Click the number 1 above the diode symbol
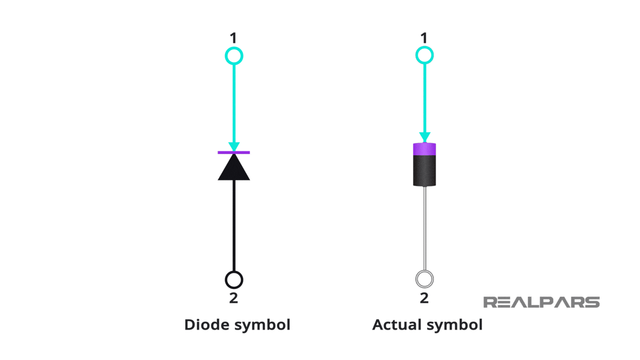click(x=233, y=38)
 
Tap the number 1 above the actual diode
click(x=424, y=38)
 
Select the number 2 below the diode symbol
click(x=233, y=298)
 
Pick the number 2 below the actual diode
click(x=424, y=298)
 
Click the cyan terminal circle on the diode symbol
click(x=234, y=56)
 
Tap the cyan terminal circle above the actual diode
click(x=424, y=55)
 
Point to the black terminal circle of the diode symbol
click(x=234, y=279)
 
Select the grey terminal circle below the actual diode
click(x=424, y=278)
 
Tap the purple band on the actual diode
click(x=425, y=149)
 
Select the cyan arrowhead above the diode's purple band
click(x=425, y=138)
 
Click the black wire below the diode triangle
click(x=234, y=226)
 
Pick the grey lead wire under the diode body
click(x=425, y=228)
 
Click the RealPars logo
click(x=541, y=302)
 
